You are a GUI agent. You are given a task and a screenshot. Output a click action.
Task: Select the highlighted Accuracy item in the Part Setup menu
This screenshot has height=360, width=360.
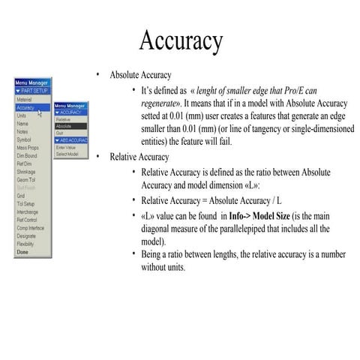(25, 108)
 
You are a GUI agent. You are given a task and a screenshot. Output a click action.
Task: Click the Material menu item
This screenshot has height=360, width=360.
(24, 100)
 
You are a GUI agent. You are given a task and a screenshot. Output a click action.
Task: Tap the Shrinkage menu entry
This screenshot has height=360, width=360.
(26, 172)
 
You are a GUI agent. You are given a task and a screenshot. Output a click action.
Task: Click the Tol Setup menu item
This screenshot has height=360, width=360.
(25, 203)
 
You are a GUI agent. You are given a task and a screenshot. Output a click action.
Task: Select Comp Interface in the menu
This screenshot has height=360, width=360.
(30, 227)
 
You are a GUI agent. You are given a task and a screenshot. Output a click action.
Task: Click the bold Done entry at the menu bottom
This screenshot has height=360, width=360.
(22, 252)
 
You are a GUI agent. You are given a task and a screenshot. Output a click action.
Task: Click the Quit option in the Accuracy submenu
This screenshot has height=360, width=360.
(60, 134)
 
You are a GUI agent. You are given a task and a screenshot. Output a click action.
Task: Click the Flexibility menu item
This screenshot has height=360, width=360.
(26, 244)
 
